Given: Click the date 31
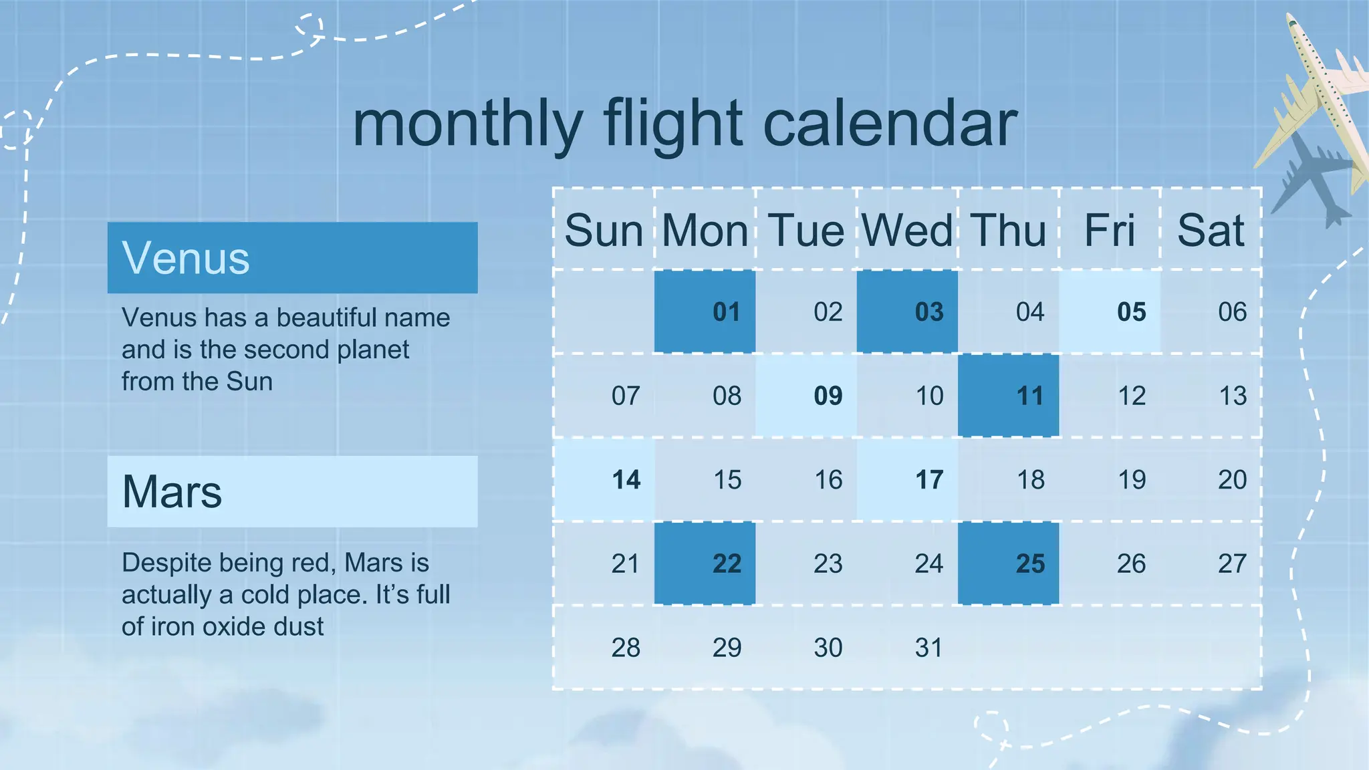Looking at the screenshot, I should point(928,648).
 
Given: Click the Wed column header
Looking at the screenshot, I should point(907,231).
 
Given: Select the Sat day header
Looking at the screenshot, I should point(1211,231).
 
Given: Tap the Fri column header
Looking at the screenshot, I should point(1110,231).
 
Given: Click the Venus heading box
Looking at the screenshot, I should point(292,258).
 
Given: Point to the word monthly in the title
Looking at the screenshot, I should point(468,124).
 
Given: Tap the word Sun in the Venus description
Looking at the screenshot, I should point(249,382).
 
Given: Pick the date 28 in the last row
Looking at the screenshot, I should point(626,648).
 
